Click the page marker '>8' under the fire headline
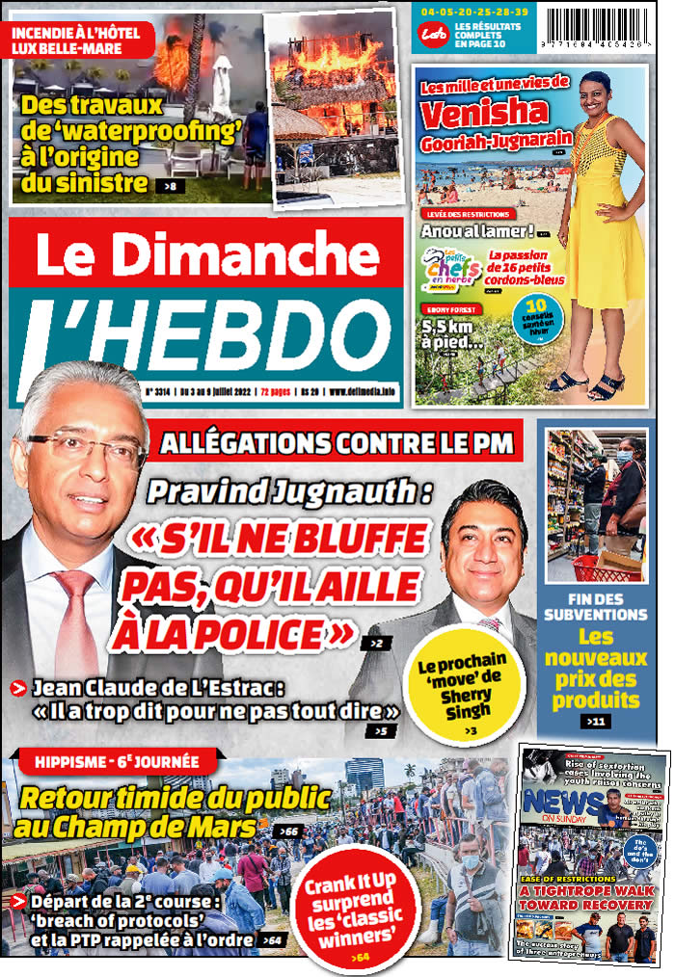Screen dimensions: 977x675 pos(171,183)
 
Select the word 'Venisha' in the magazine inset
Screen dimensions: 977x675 pos(484,114)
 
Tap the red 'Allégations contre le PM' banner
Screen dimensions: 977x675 pos(338,444)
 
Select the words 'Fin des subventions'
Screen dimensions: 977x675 pos(596,605)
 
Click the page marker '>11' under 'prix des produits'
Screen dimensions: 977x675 pos(595,721)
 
